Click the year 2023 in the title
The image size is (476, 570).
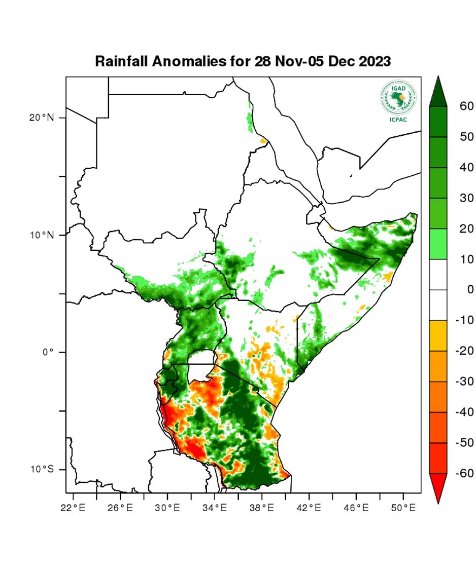pos(375,62)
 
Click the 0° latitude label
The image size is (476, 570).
pos(47,352)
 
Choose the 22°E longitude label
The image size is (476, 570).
pos(73,507)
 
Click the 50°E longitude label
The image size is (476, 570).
pos(404,507)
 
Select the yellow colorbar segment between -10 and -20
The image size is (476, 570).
pos(438,335)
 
